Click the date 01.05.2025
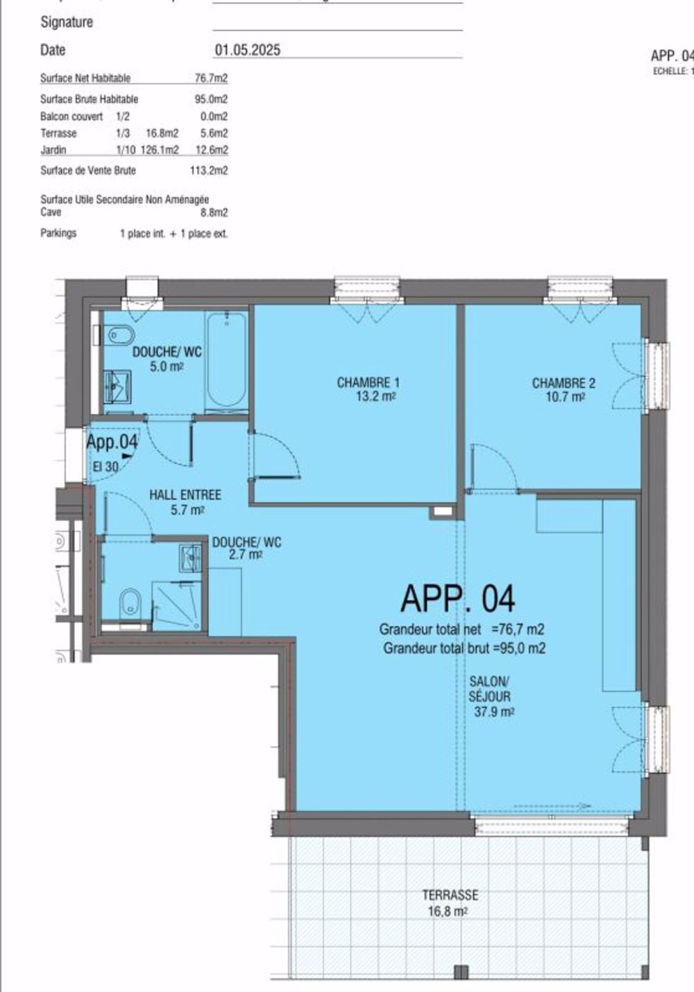click(247, 50)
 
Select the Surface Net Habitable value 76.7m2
click(211, 78)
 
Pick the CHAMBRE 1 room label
click(368, 389)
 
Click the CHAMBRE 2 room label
click(563, 389)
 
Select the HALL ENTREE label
click(185, 502)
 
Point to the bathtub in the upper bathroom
click(226, 361)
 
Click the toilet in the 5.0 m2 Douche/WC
click(120, 336)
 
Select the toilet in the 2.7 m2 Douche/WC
click(130, 603)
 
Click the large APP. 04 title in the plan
click(458, 599)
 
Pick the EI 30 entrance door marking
click(105, 467)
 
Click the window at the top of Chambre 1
click(367, 289)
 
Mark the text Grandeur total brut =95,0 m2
click(464, 649)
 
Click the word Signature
click(67, 22)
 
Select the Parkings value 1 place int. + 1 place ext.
click(173, 234)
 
